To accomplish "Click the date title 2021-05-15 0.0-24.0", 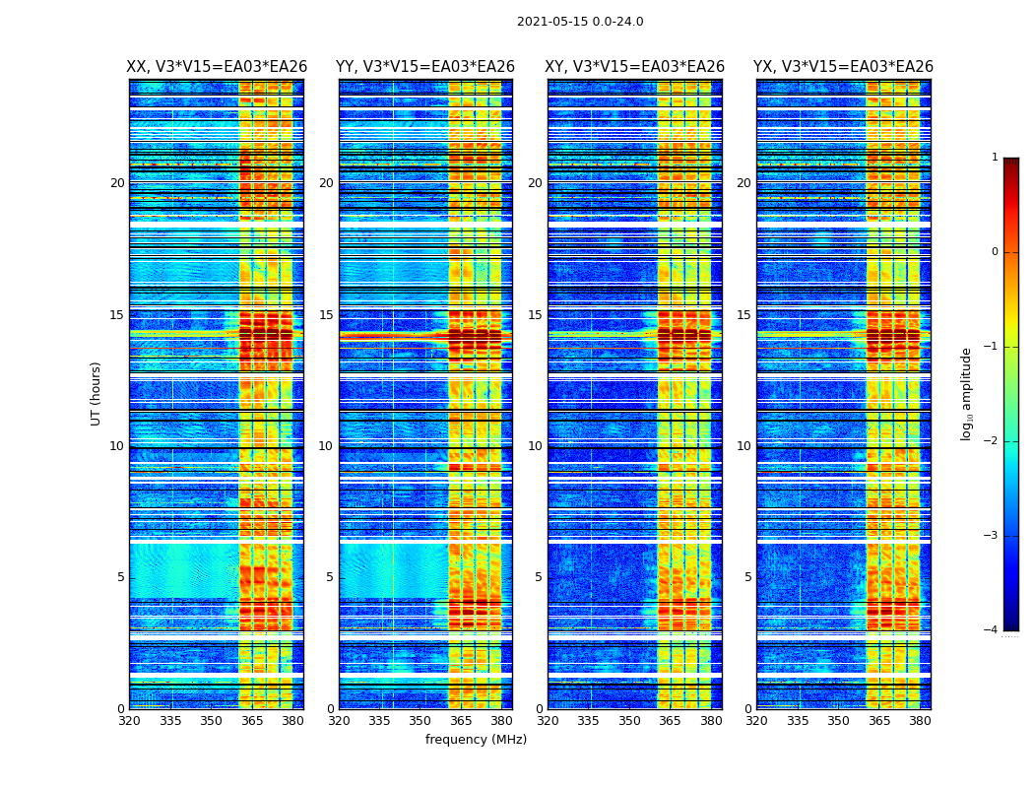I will tap(580, 22).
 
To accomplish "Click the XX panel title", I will tap(217, 67).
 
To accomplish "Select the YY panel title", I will tap(425, 67).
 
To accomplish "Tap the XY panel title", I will tap(635, 67).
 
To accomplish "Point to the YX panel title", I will tap(843, 67).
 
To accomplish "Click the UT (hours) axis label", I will tap(97, 393).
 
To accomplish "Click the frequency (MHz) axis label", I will tap(476, 740).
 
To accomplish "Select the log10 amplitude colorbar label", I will tap(967, 393).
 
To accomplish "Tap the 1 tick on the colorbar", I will tap(995, 158).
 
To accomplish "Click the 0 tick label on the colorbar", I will tap(995, 252).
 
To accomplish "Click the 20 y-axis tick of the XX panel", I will tap(117, 183).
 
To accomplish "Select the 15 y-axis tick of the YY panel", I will tap(326, 315).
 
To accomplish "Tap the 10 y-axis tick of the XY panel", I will tap(535, 446).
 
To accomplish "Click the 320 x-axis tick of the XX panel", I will tap(129, 721).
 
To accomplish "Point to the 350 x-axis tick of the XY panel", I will tap(629, 721).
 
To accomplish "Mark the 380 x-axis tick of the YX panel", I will tap(920, 721).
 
